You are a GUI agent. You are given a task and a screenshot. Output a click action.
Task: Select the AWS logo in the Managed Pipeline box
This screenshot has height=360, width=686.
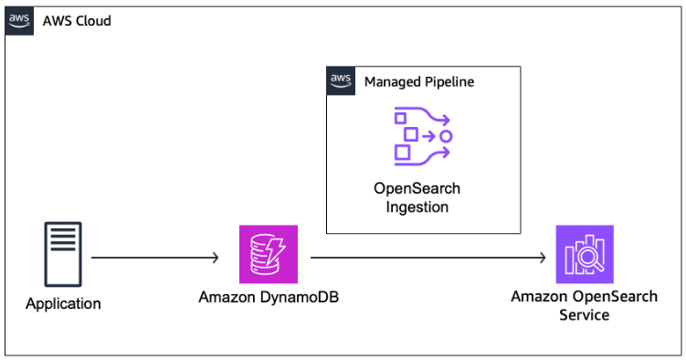point(341,81)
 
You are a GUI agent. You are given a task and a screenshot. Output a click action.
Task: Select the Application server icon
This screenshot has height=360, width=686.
point(63,254)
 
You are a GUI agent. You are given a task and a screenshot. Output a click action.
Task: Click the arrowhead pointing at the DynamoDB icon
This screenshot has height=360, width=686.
point(216,259)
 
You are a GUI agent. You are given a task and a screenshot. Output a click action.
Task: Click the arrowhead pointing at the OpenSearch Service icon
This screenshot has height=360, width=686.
point(544,259)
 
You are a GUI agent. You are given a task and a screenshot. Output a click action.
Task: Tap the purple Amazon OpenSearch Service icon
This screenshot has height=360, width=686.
point(585,255)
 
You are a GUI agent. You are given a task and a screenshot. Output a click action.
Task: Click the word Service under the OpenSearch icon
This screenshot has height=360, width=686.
point(585,314)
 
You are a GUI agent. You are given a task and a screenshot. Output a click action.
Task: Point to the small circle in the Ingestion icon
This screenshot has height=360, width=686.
point(446,136)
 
